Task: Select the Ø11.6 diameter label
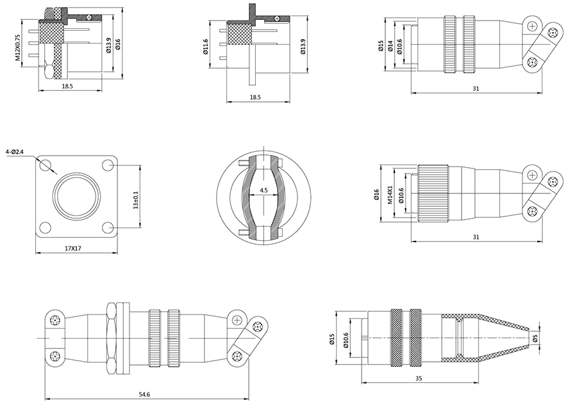[x=205, y=47]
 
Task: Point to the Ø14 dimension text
[x=390, y=46]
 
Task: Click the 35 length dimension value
[x=419, y=379]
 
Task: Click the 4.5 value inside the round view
[x=264, y=191]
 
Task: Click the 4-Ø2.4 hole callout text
[x=14, y=152]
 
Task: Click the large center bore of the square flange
[x=76, y=195]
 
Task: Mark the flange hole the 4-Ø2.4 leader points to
[x=45, y=165]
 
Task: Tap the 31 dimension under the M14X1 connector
[x=475, y=237]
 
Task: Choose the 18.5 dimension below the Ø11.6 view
[x=255, y=97]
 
